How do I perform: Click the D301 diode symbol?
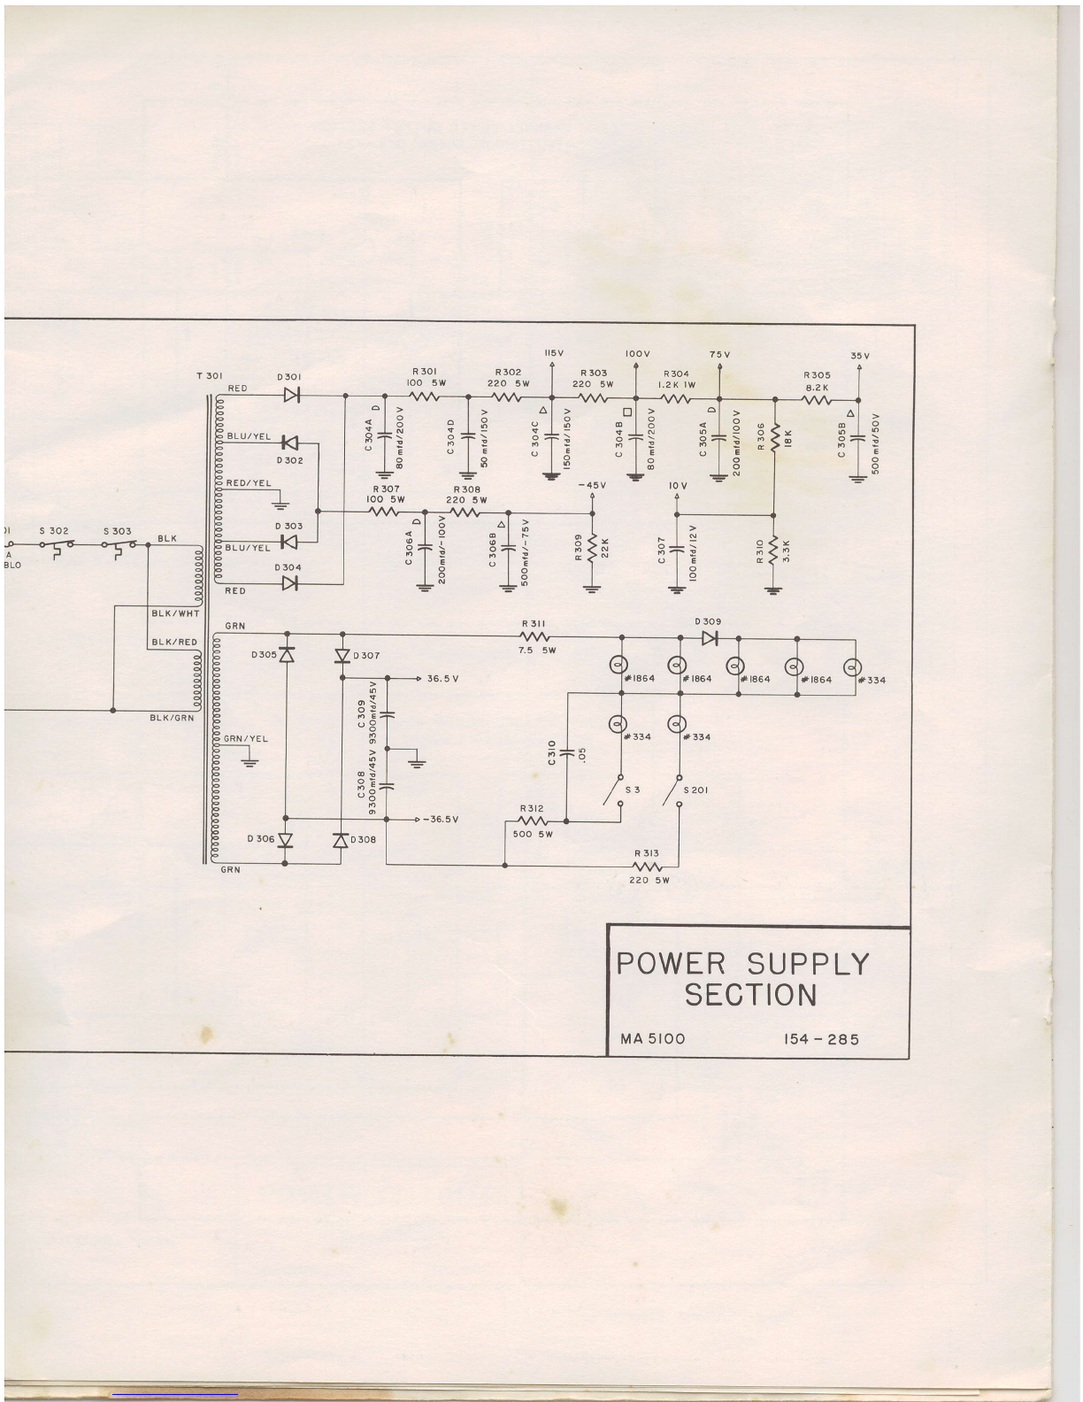pyautogui.click(x=291, y=395)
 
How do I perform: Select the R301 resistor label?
pyautogui.click(x=424, y=372)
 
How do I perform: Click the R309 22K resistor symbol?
pyautogui.click(x=592, y=552)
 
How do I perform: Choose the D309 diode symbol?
pyautogui.click(x=709, y=637)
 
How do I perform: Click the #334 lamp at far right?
pyautogui.click(x=855, y=666)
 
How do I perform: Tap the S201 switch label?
pyautogui.click(x=695, y=790)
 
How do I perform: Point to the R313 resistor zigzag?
pyautogui.click(x=648, y=867)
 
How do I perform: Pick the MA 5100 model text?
pyautogui.click(x=652, y=1038)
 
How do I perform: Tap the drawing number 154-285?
pyautogui.click(x=821, y=1038)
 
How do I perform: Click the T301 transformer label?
pyautogui.click(x=209, y=376)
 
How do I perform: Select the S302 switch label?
pyautogui.click(x=54, y=531)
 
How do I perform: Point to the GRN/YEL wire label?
pyautogui.click(x=246, y=738)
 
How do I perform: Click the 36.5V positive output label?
pyautogui.click(x=442, y=679)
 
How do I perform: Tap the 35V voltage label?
pyautogui.click(x=860, y=356)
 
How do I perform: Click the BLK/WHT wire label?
pyautogui.click(x=176, y=613)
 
